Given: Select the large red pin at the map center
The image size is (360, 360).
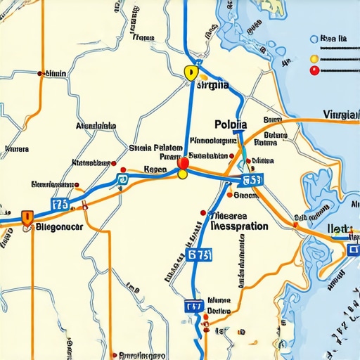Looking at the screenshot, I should point(184,164).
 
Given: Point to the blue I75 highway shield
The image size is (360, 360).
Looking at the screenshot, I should point(60,205).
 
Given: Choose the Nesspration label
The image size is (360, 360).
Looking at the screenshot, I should point(239,227).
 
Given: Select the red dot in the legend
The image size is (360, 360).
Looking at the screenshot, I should point(314,70).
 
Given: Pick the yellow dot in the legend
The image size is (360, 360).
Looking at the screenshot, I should point(314,58).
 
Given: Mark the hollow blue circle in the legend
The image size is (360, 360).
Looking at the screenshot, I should point(314,41).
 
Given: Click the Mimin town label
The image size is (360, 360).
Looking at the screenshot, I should point(56,72).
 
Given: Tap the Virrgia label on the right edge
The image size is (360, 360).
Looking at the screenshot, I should point(340,115).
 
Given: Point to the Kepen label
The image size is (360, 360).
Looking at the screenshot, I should point(155,169).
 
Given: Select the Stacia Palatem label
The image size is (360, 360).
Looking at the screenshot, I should point(156,148).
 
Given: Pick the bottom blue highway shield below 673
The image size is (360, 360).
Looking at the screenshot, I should point(194,307).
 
